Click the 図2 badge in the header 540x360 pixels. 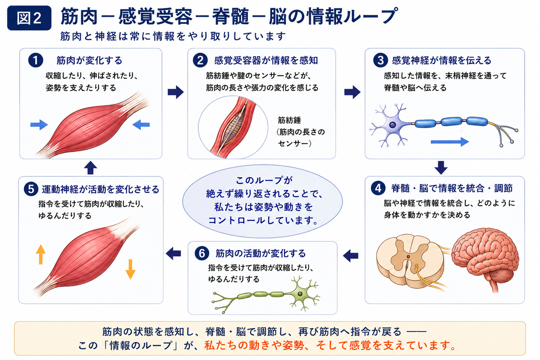point(29,18)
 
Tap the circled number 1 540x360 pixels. point(36,60)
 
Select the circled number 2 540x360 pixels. point(200,60)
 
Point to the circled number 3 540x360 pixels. point(380,60)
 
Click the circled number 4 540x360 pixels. point(378,188)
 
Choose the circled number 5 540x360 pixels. point(31,189)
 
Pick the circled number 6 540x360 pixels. point(202,253)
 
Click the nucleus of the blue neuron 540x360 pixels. point(392,125)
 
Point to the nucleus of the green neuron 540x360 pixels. point(300,294)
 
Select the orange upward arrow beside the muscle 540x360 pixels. point(40,254)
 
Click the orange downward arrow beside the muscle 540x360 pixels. point(130,270)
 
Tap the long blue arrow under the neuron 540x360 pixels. point(450,142)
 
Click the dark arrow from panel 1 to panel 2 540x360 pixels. point(176,92)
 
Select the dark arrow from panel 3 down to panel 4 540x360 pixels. point(441,167)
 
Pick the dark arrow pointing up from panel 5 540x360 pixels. point(90,167)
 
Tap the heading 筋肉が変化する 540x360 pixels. point(90,60)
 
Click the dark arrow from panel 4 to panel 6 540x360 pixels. point(351,256)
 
